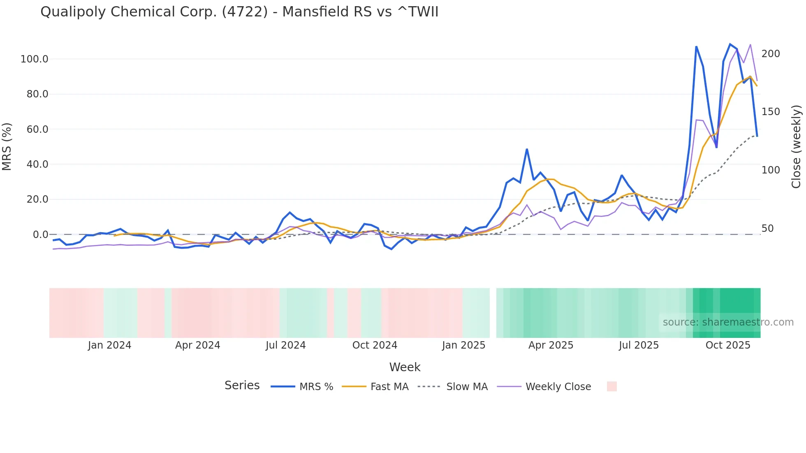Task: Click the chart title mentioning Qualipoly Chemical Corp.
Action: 239,12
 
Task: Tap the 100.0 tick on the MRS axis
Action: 35,59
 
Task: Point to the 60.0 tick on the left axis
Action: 37,129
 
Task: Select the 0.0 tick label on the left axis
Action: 40,235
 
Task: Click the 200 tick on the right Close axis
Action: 770,54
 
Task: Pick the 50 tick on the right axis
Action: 767,229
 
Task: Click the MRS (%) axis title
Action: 7,147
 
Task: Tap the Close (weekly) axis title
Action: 796,147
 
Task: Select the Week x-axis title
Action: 405,367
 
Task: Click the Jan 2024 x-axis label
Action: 109,345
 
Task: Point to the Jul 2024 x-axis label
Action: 285,345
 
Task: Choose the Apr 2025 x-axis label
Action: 551,345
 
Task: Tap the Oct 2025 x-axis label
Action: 728,345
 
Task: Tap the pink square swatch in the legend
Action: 611,386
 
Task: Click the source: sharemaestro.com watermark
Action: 728,322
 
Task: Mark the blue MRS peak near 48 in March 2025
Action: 527,150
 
